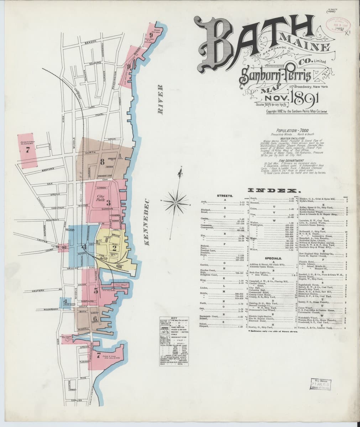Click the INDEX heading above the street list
pyautogui.click(x=276, y=191)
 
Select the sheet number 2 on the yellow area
pyautogui.click(x=115, y=248)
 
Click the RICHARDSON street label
pyautogui.click(x=43, y=309)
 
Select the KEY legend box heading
pyautogui.click(x=173, y=318)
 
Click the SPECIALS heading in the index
pyautogui.click(x=273, y=259)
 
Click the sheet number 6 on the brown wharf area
pyautogui.click(x=95, y=318)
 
